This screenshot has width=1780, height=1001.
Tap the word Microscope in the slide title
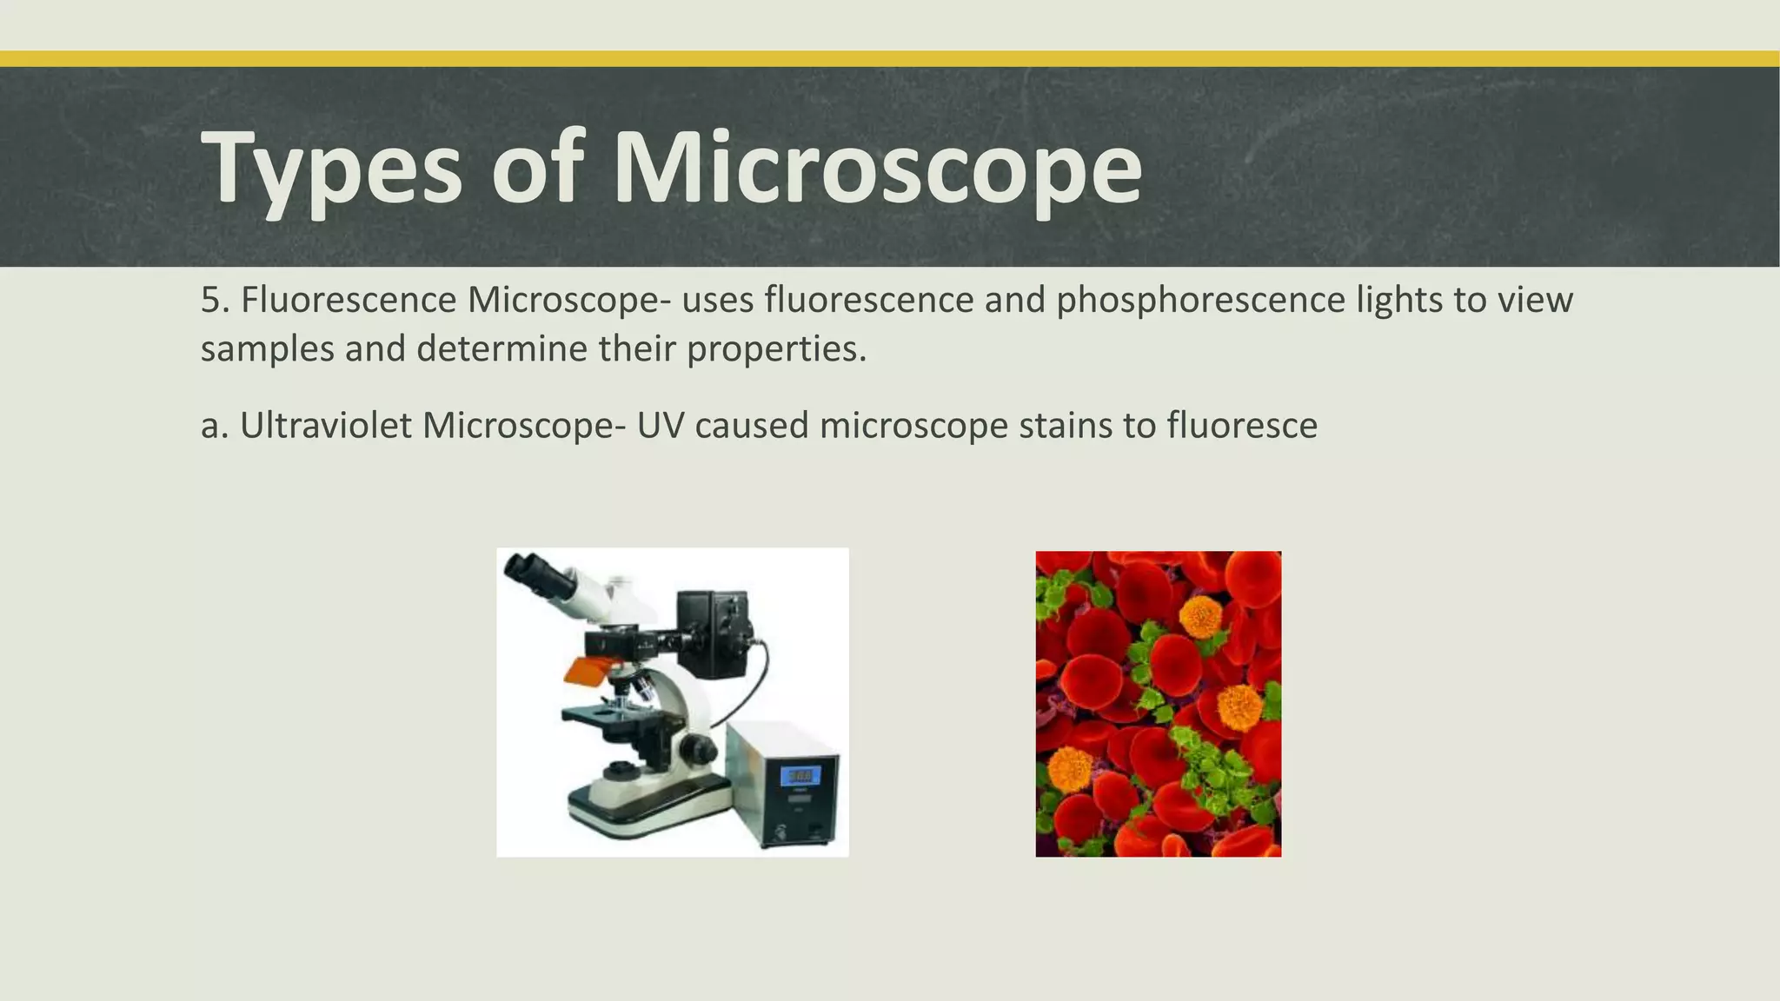click(x=877, y=167)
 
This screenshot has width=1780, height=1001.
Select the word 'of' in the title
click(x=536, y=167)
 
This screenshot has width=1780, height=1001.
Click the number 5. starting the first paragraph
click(x=215, y=300)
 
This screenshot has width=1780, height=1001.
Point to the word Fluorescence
click(x=349, y=300)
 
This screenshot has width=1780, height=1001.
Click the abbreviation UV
click(x=660, y=426)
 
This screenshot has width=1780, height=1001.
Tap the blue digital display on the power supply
click(x=800, y=775)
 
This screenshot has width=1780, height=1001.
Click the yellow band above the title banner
click(x=890, y=58)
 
